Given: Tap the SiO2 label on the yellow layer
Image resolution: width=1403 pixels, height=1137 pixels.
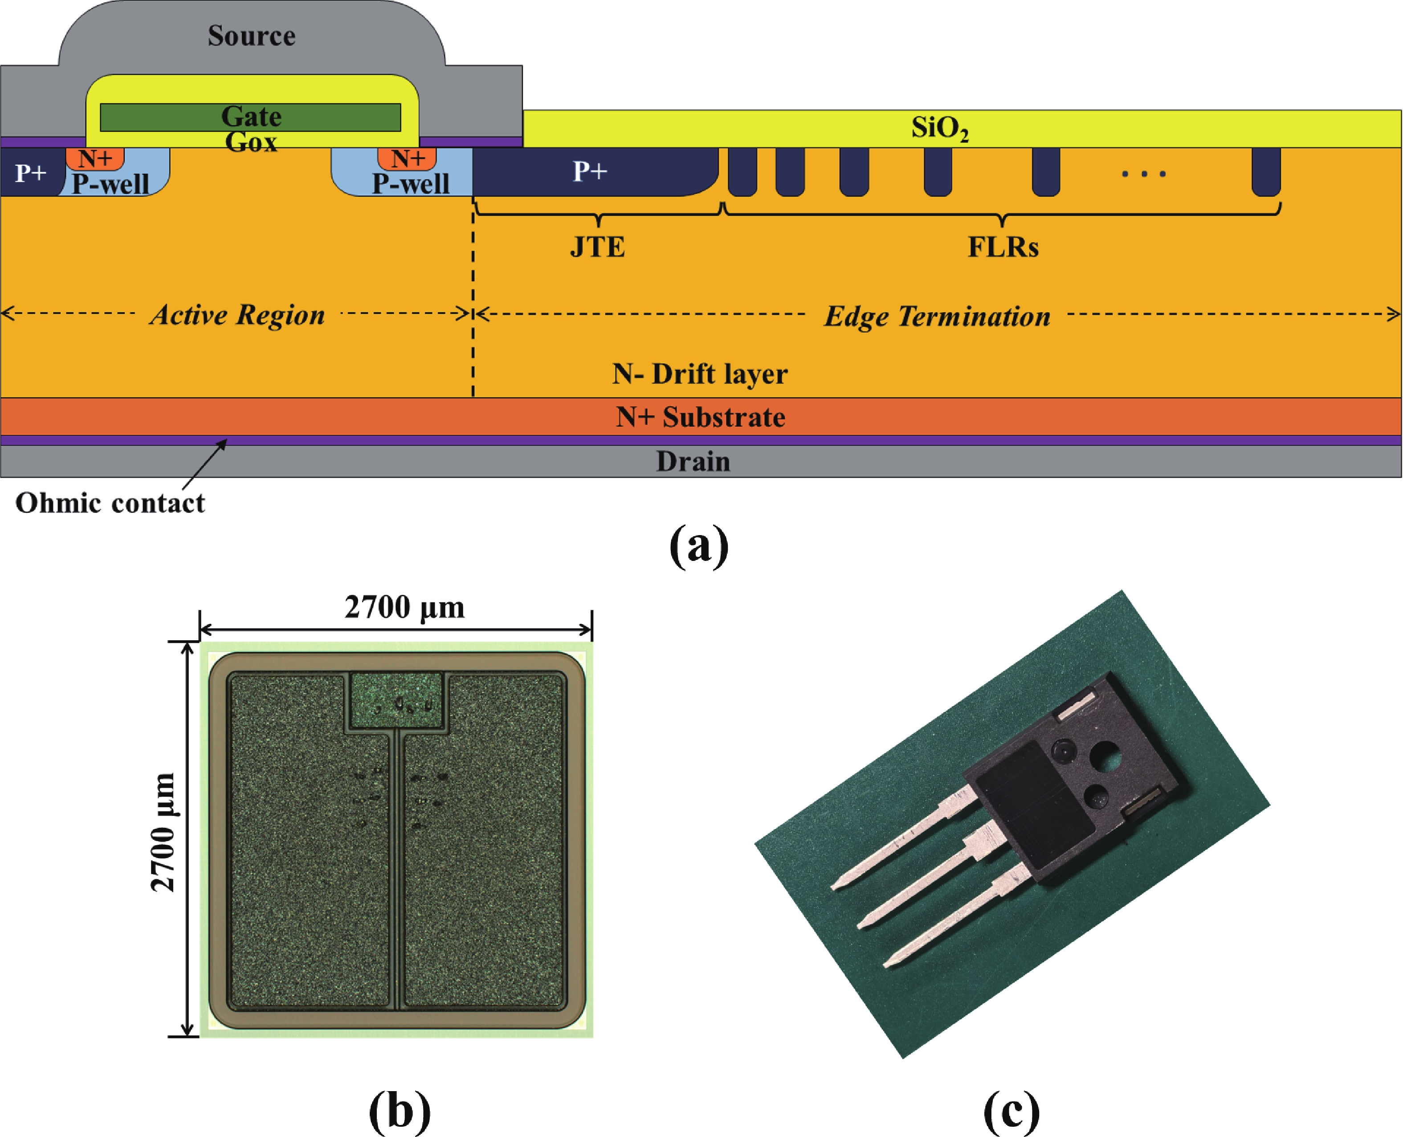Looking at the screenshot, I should pyautogui.click(x=939, y=128).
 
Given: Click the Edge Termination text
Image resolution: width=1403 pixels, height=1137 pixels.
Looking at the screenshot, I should pyautogui.click(x=937, y=316).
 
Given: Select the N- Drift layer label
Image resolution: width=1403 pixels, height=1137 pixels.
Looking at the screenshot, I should pyautogui.click(x=700, y=374).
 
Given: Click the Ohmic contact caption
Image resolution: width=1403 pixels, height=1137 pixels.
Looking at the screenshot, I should pyautogui.click(x=110, y=503).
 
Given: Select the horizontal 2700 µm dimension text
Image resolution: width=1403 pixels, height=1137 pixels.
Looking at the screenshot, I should pyautogui.click(x=404, y=607).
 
